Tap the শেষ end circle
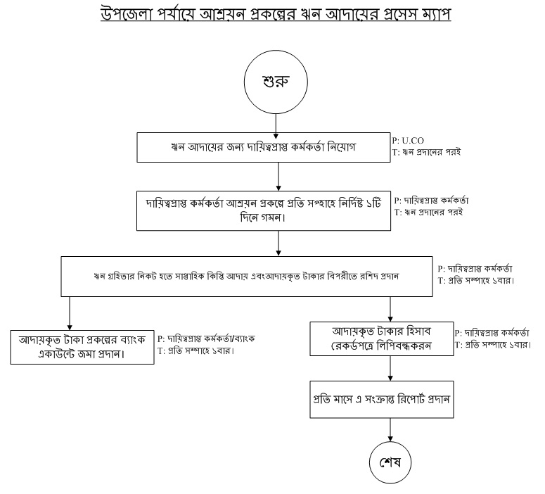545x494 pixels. (390, 464)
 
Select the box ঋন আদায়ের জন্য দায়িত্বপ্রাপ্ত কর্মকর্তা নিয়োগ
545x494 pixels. (279, 148)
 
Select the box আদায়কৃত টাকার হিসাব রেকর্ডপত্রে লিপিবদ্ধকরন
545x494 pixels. (383, 338)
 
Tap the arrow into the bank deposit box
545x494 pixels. (70, 311)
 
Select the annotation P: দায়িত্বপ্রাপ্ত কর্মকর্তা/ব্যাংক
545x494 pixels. (205, 338)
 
